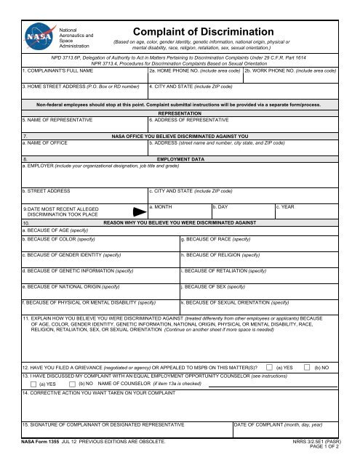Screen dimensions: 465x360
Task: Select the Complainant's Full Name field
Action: (x=83, y=76)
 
